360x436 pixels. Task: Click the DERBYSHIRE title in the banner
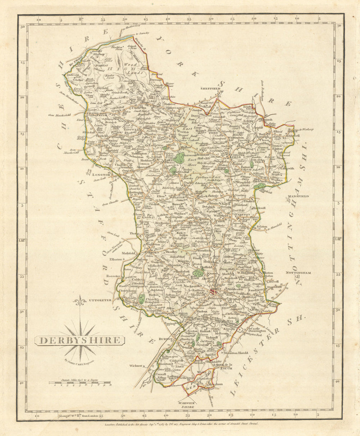click(80, 340)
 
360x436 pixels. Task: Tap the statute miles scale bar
click(80, 383)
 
